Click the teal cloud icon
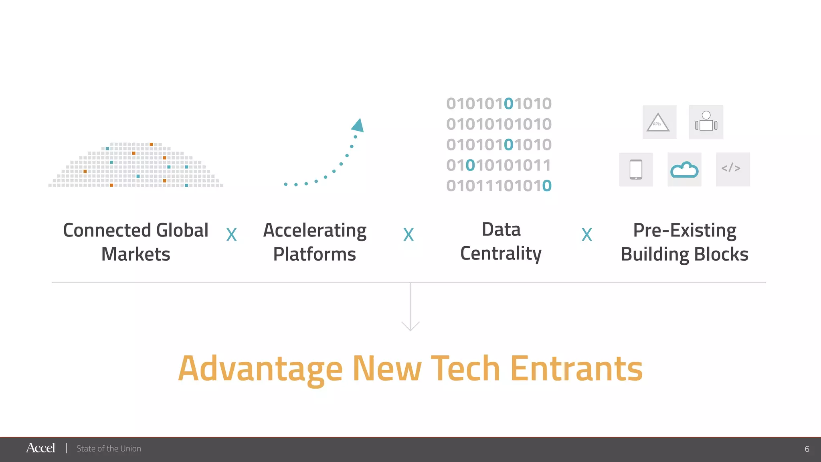pos(684,170)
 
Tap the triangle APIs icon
pos(659,122)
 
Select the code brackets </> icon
pos(732,168)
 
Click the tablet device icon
pos(636,170)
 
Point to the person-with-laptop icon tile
pos(706,122)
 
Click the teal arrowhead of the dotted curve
pos(358,125)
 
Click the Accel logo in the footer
pos(40,448)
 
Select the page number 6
pos(807,449)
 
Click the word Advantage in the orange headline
pos(261,369)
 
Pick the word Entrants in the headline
pos(576,369)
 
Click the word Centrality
pos(501,254)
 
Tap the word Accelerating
pos(315,231)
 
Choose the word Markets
pos(136,254)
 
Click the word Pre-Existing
pos(685,231)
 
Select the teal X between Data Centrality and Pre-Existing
pos(587,235)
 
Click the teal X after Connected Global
pos(232,235)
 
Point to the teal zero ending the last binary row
pos(547,186)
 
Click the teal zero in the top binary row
pos(508,103)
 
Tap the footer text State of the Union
pos(109,449)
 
